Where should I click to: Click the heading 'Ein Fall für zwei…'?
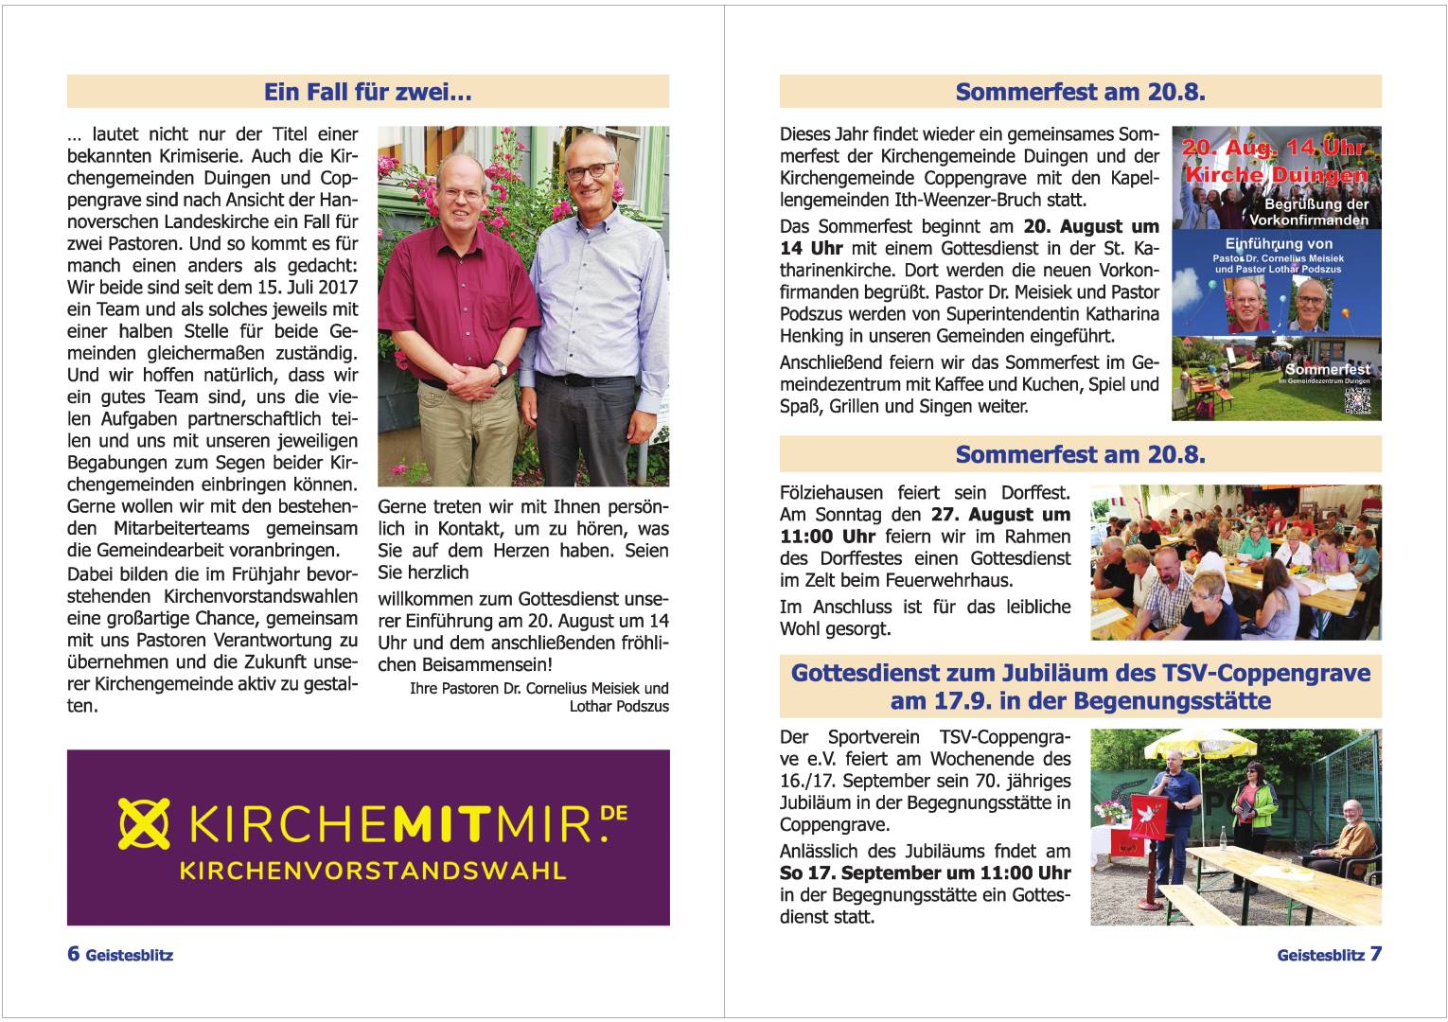click(367, 92)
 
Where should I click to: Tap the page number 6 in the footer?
click(73, 953)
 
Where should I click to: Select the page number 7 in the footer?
click(1375, 953)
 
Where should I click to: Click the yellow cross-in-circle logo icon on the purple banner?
click(144, 823)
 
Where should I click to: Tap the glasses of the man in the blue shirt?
click(589, 171)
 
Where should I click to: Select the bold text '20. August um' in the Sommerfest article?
click(1090, 227)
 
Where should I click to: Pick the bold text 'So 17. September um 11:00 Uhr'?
click(925, 872)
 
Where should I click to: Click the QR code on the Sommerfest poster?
click(1357, 400)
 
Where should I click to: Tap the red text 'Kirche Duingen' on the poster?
click(1275, 175)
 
